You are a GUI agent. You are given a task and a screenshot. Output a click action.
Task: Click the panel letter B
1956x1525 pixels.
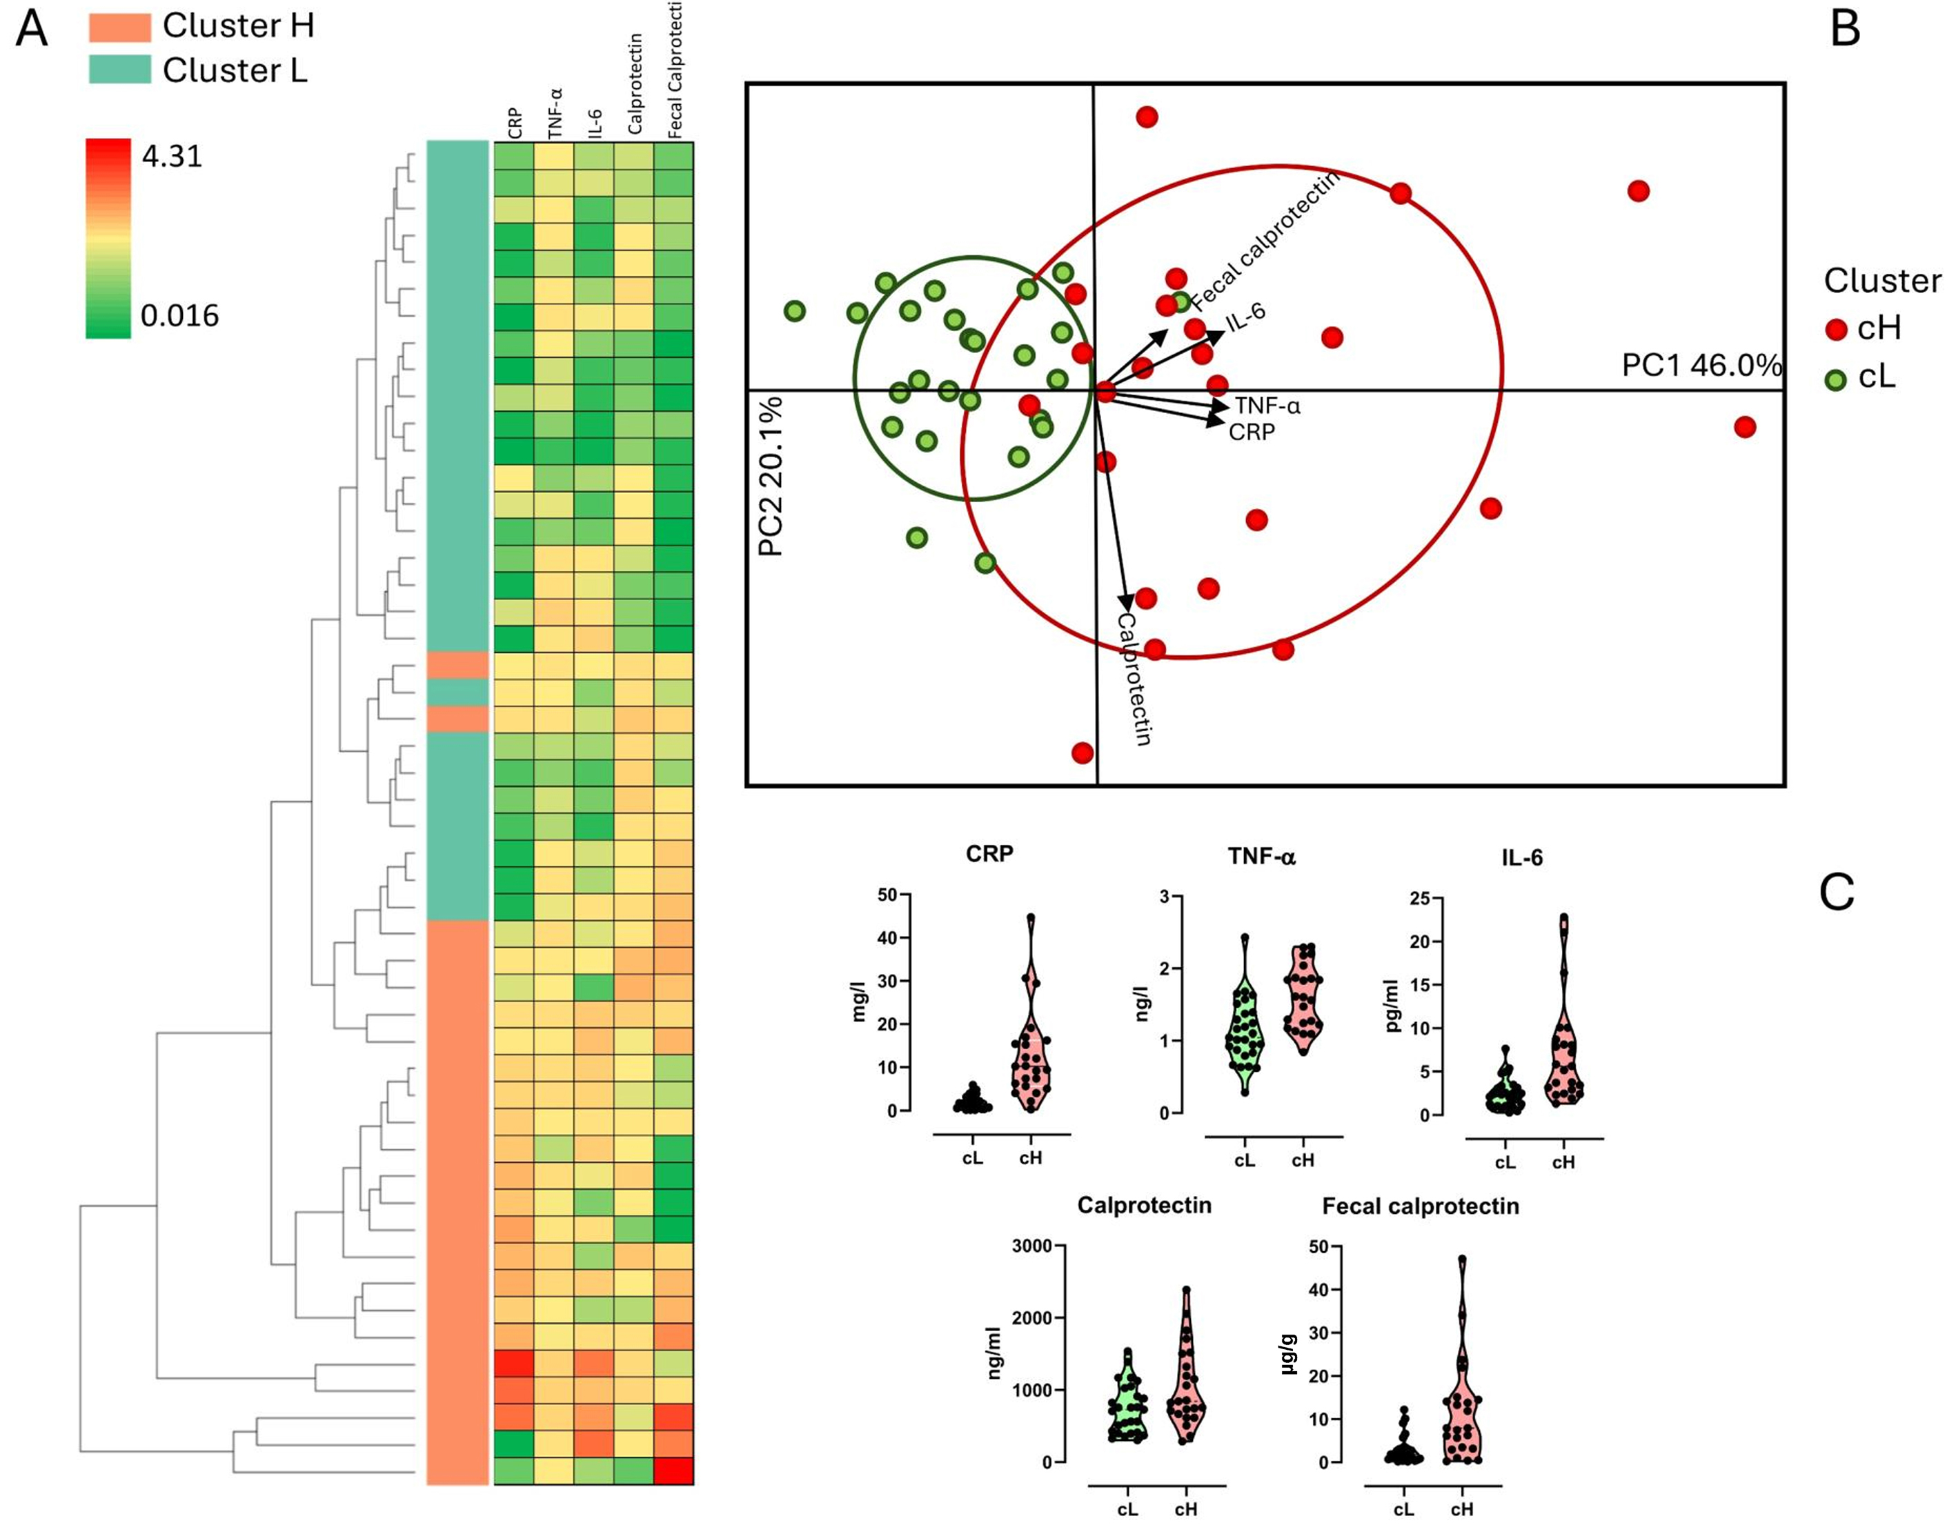(1845, 29)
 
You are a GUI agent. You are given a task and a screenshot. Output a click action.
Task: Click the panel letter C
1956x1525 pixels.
(1837, 892)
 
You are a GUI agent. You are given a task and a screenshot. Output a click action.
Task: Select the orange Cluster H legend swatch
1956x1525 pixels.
(120, 27)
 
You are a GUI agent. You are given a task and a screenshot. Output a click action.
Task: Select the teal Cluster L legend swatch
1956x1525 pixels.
(120, 70)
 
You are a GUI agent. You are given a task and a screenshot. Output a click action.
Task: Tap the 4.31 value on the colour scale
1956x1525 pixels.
(172, 157)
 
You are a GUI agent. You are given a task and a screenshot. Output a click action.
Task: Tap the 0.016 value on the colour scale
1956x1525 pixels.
(179, 315)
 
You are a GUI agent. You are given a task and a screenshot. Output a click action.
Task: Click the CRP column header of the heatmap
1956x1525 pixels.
(515, 123)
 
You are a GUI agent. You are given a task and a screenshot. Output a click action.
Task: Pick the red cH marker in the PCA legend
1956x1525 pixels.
(1836, 330)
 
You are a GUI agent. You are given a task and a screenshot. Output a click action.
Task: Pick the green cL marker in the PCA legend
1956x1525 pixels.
(1836, 379)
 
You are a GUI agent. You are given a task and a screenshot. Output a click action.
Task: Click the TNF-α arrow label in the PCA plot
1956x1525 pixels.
(1267, 406)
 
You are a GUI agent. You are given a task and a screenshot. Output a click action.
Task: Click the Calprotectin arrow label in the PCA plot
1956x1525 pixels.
(1134, 679)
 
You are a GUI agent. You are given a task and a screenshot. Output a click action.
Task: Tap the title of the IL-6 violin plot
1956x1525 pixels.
(1521, 858)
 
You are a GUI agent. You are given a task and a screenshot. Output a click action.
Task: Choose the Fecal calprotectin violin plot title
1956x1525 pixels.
(1421, 1206)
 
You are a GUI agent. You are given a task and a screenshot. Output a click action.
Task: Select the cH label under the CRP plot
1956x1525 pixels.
(1031, 1158)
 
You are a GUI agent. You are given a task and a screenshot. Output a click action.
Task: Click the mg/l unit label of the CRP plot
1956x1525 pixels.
(860, 1003)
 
